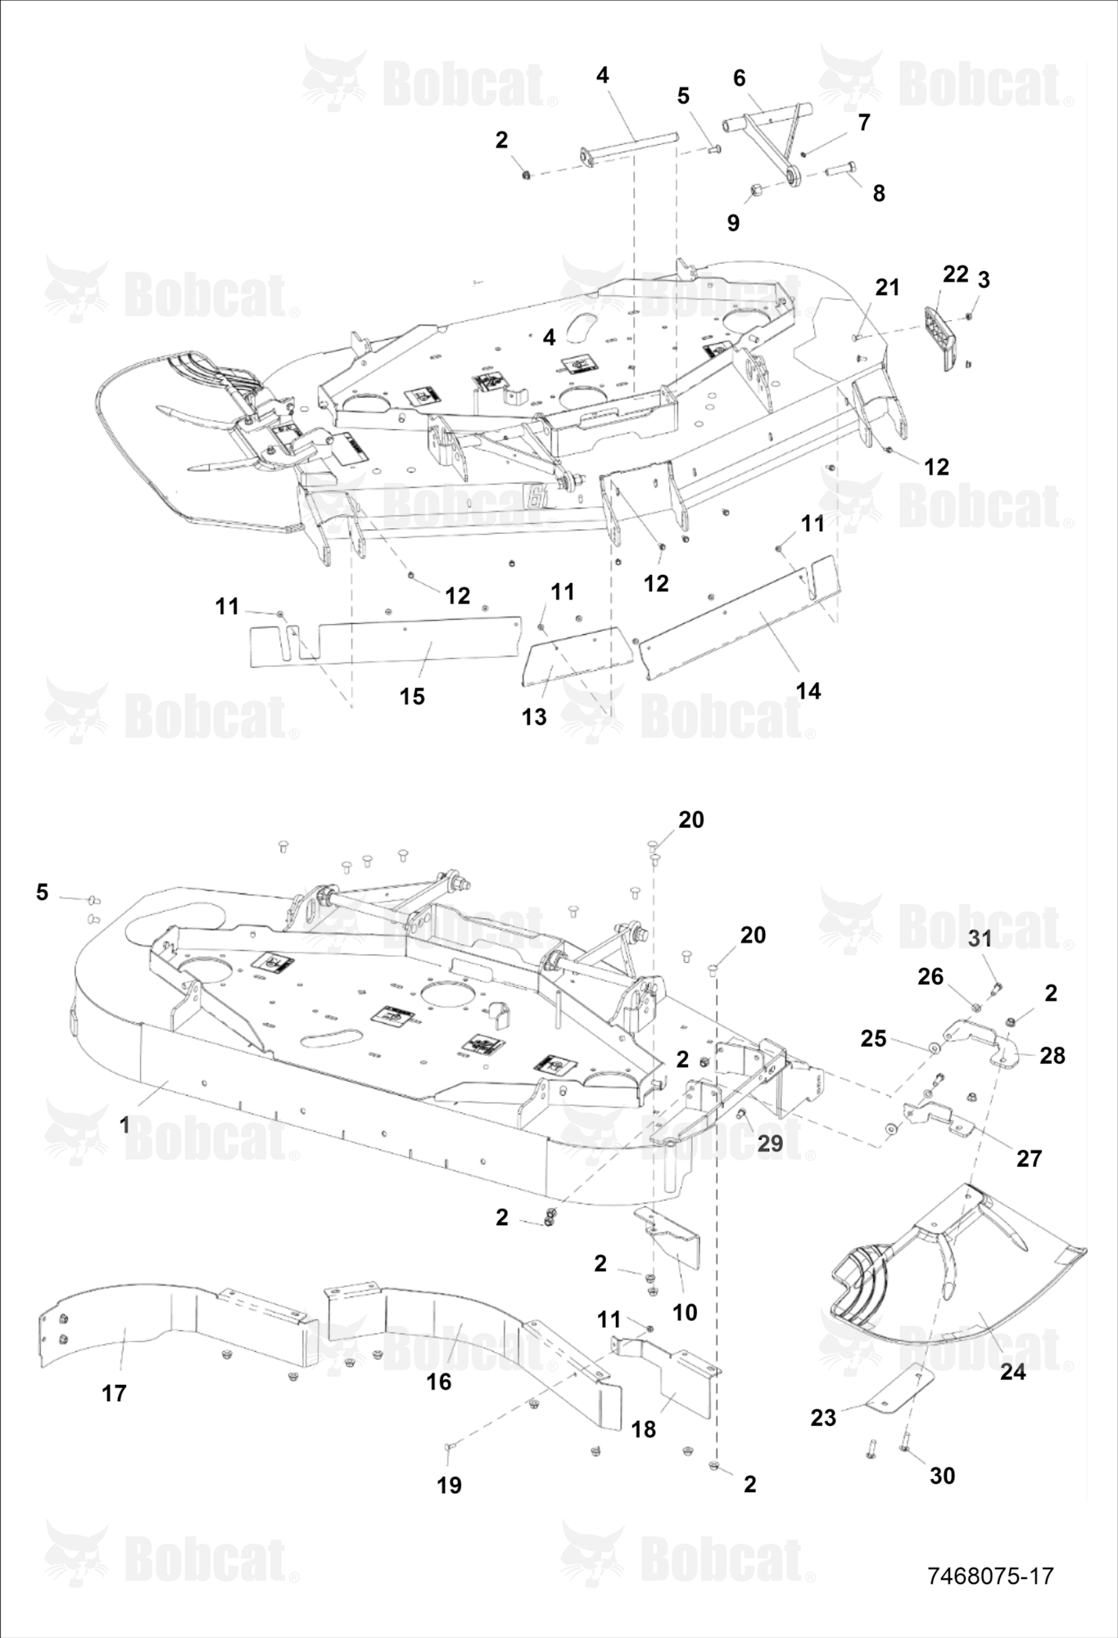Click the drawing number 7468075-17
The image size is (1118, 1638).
[990, 1575]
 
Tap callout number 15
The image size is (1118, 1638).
[412, 696]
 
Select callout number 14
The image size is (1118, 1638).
[808, 691]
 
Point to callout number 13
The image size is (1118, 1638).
[534, 717]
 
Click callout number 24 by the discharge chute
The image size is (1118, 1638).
[1013, 1371]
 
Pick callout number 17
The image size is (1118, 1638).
[114, 1392]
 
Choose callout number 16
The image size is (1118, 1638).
[439, 1382]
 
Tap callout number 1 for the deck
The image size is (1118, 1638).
[124, 1125]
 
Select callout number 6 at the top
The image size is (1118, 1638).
[740, 78]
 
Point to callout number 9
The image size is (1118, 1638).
[733, 222]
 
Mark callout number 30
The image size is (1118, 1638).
[943, 1475]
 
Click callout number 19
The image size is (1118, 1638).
[449, 1485]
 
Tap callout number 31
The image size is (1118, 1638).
[980, 938]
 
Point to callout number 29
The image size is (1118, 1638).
[770, 1143]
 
